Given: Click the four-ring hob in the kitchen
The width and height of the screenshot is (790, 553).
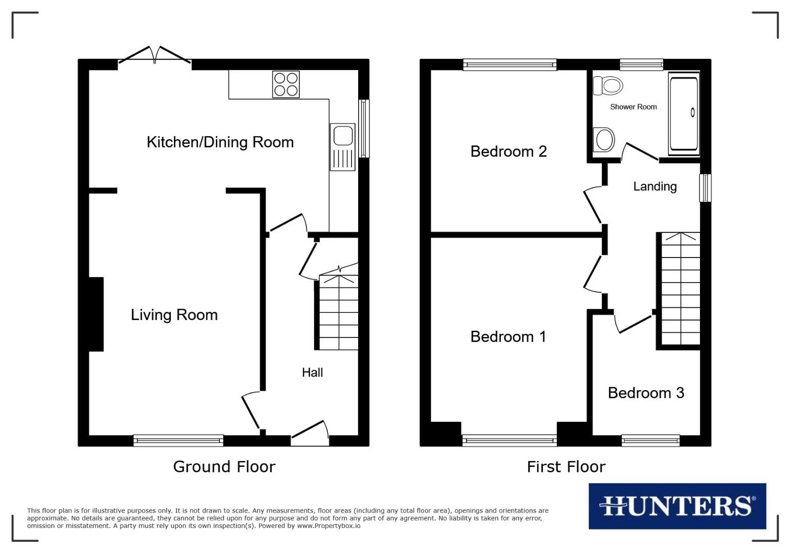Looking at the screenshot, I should [286, 84].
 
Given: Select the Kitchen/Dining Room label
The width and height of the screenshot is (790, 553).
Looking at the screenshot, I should [220, 142].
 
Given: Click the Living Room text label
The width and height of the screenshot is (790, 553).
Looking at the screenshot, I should [174, 314].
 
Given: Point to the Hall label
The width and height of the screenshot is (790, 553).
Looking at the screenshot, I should [312, 372].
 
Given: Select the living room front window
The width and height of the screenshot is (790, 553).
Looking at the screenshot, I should [178, 440].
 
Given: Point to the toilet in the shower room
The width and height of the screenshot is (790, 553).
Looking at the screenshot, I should [608, 86].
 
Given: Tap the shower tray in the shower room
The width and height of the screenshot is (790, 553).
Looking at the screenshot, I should [684, 113].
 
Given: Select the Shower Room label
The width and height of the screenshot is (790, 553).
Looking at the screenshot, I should [633, 107].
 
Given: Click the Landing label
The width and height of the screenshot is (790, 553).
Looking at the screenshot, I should [654, 186].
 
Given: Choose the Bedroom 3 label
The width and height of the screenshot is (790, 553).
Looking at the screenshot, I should [646, 393].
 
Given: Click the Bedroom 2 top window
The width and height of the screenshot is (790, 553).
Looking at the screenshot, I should [510, 65].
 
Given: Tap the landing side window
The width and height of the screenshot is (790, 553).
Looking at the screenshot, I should [705, 188].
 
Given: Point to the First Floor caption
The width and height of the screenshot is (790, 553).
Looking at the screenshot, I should [566, 466].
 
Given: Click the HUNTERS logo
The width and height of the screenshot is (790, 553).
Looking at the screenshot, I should [677, 506].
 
